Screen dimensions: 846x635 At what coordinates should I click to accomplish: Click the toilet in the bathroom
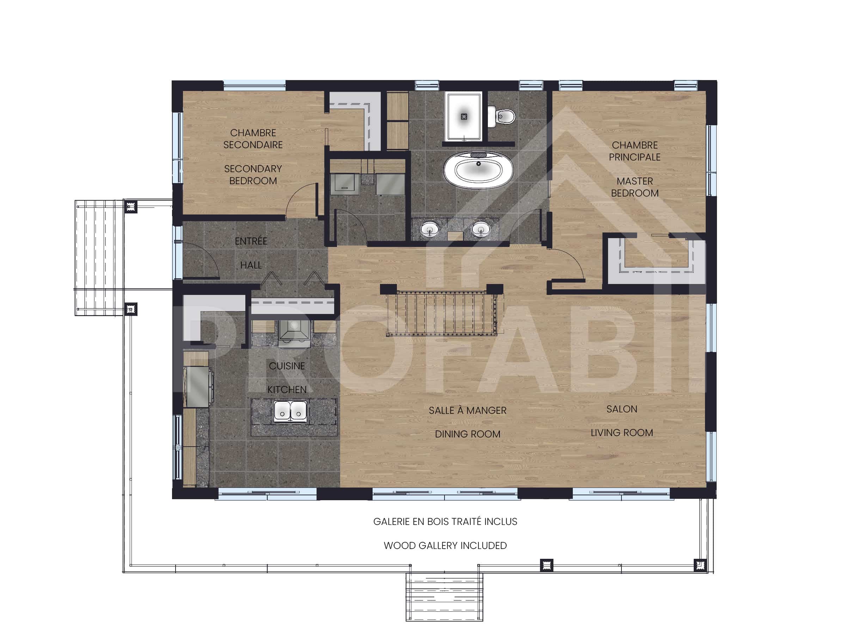tap(501, 116)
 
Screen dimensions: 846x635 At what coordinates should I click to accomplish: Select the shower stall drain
tap(464, 116)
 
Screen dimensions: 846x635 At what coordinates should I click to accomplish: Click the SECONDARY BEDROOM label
tap(253, 175)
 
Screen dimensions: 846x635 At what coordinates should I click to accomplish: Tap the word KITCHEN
tap(287, 390)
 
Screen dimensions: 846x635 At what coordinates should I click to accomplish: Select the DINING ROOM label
tap(467, 434)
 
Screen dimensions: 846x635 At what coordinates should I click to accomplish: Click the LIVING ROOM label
tap(621, 433)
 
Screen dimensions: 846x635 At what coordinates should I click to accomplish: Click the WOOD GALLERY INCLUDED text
tap(445, 545)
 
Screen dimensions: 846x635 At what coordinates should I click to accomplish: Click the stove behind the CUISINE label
tap(294, 332)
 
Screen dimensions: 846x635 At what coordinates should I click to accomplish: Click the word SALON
tap(621, 409)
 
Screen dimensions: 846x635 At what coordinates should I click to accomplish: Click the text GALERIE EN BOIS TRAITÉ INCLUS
tap(445, 522)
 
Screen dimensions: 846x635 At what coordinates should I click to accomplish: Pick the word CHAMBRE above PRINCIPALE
tap(634, 145)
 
